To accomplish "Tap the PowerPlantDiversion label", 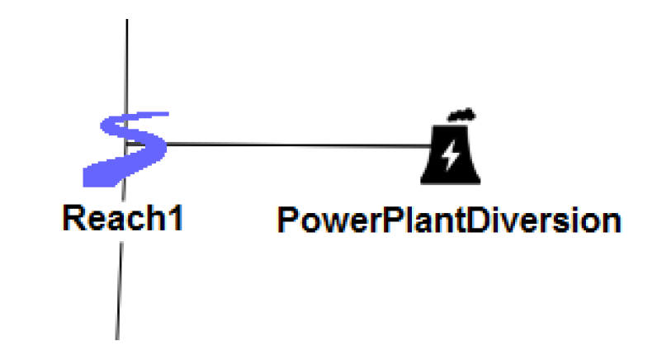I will (x=448, y=220).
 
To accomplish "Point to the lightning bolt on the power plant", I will (x=451, y=154).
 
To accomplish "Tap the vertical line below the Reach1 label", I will (x=119, y=289).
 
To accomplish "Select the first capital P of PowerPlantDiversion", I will (x=287, y=220).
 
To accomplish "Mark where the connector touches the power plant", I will (x=428, y=147).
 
